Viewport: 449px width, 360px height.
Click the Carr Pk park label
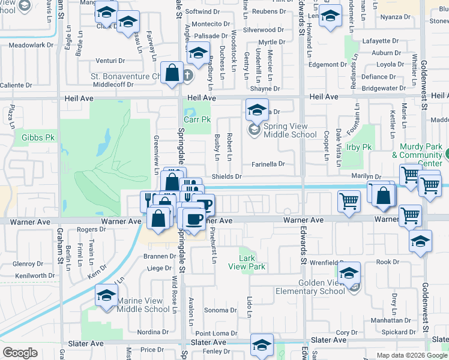pyautogui.click(x=197, y=120)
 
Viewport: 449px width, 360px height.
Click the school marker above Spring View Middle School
pyautogui.click(x=256, y=110)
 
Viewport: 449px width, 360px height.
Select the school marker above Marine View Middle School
pyautogui.click(x=106, y=296)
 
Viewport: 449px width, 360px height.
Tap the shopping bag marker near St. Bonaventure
pyautogui.click(x=172, y=73)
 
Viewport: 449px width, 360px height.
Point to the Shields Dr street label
pyautogui.click(x=226, y=177)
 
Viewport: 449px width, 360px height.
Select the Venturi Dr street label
pyautogui.click(x=112, y=61)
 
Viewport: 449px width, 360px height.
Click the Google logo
pyautogui.click(x=20, y=353)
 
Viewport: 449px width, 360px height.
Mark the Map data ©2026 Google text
pyautogui.click(x=412, y=355)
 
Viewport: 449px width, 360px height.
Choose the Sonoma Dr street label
pyautogui.click(x=220, y=311)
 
